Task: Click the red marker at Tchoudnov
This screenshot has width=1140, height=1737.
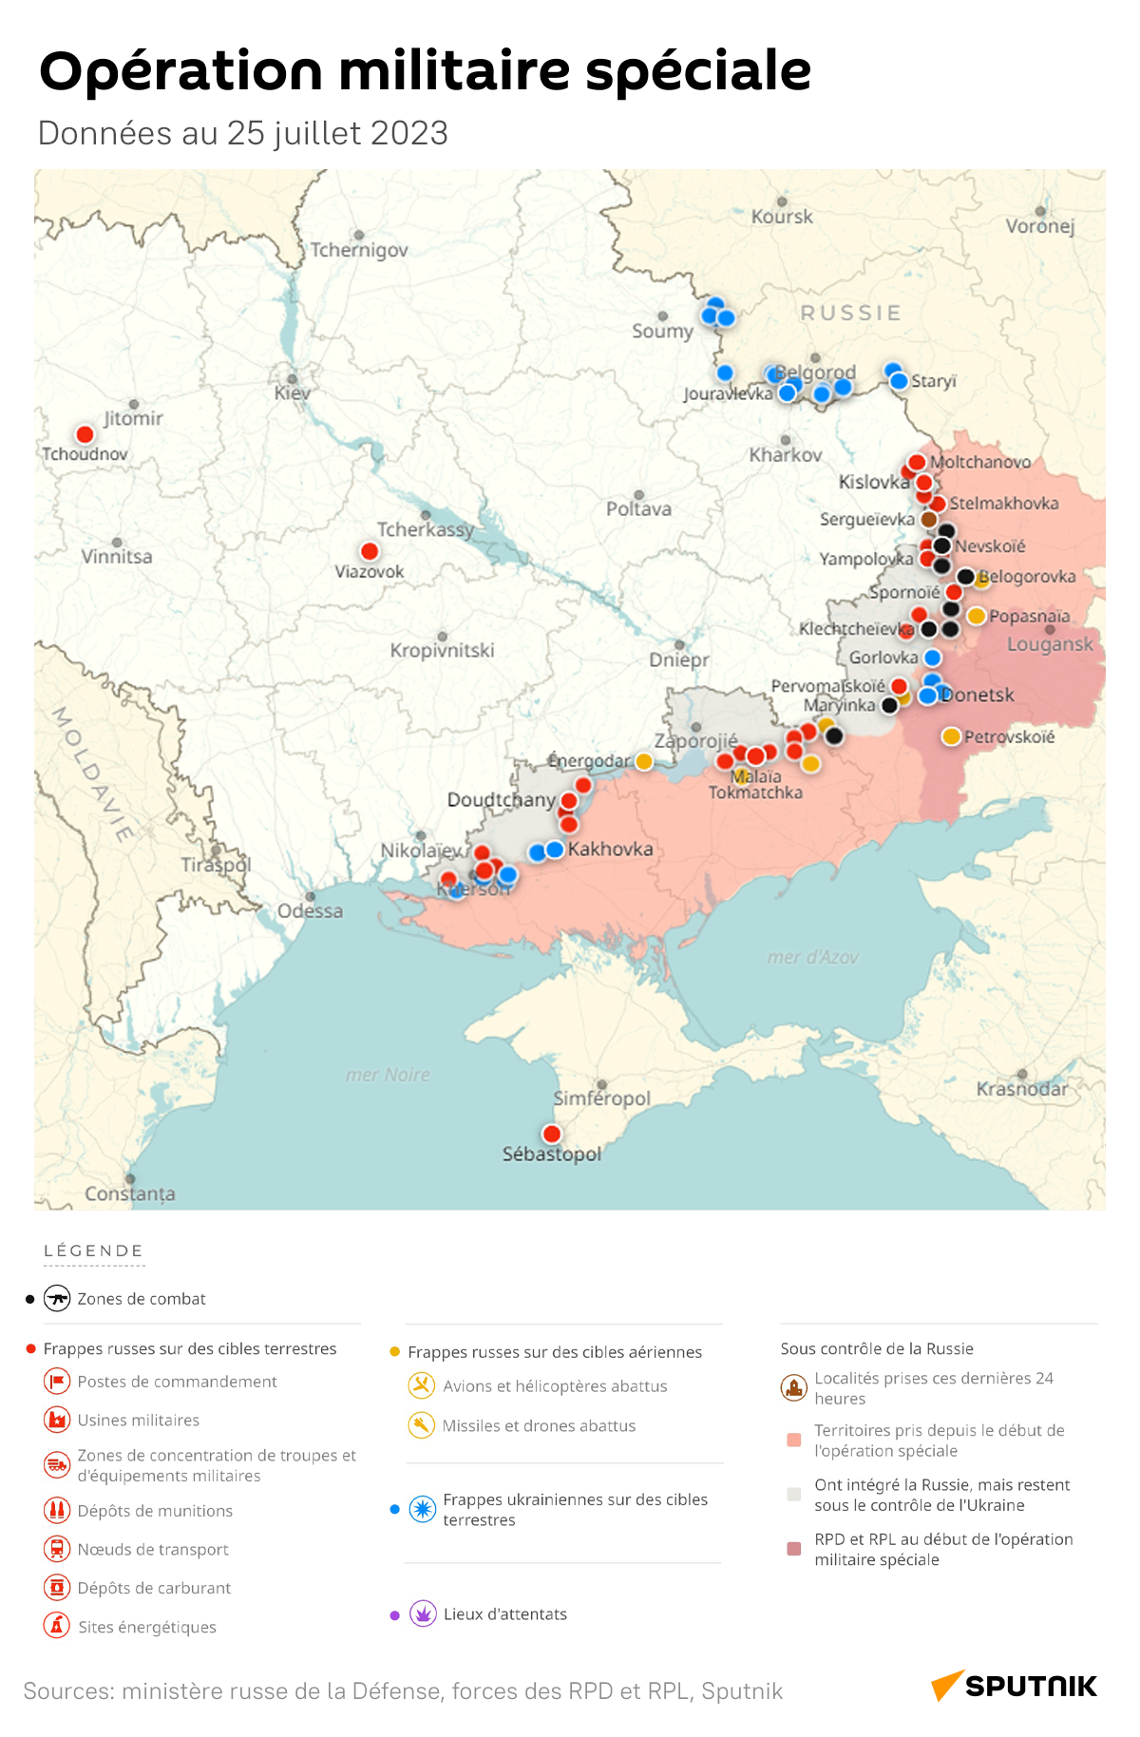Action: [85, 434]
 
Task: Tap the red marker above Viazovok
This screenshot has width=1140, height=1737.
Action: [370, 551]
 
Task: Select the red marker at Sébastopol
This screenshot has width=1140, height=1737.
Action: [551, 1134]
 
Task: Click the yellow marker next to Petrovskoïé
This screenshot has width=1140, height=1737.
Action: [951, 736]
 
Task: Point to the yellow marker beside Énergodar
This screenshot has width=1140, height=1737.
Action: [644, 761]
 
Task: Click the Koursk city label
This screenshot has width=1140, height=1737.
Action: [782, 217]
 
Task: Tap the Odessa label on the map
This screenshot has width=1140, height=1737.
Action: [310, 911]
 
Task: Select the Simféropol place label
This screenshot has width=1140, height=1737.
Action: [601, 1098]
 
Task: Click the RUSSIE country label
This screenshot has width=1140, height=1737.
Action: [850, 313]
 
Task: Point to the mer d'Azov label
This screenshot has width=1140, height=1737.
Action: [812, 958]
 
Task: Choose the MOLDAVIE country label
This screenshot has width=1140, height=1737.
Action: [91, 774]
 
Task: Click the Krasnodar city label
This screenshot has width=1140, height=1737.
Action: [1021, 1089]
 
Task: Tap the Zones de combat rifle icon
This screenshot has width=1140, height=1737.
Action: [57, 1298]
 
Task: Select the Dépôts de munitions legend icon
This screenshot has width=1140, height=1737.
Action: [57, 1510]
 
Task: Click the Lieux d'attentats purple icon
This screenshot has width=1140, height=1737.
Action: [423, 1613]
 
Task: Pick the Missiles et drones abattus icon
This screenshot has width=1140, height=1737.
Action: [421, 1425]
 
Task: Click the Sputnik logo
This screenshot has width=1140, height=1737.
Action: [1014, 1686]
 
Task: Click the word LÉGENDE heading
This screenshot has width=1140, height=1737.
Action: [93, 1250]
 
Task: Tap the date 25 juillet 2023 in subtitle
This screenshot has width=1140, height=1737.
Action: [336, 133]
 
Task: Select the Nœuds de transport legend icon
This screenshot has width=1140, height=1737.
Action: [57, 1549]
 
